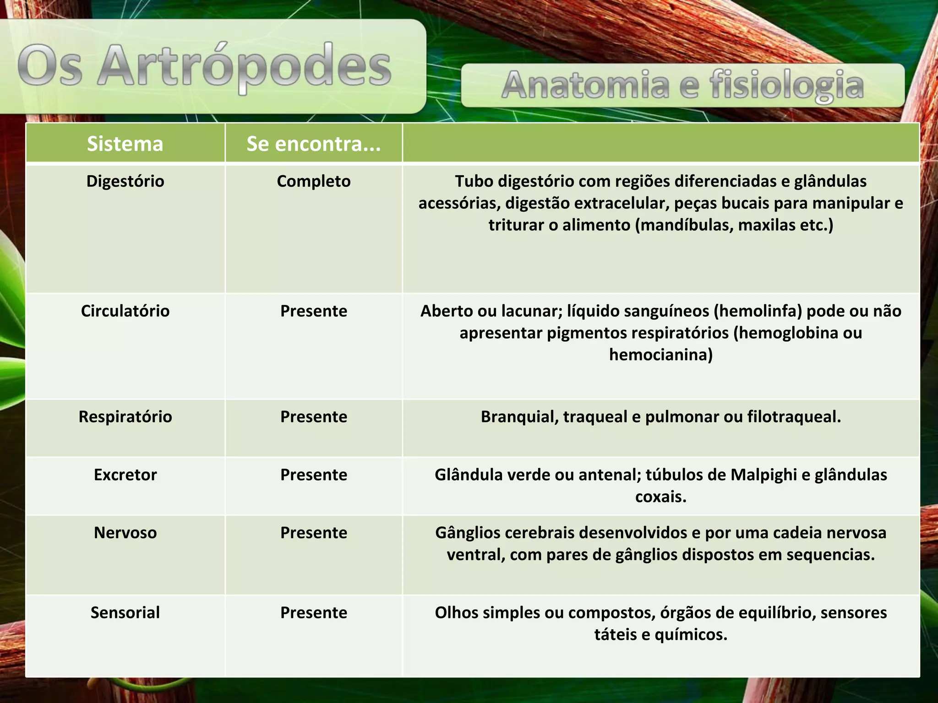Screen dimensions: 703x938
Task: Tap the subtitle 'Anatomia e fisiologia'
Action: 682,86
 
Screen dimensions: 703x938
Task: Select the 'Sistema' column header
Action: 125,144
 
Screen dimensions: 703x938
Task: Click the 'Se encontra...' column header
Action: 314,144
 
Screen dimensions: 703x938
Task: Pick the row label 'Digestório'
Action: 125,181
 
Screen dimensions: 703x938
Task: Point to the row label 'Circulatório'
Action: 125,311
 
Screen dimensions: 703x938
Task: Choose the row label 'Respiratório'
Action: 125,417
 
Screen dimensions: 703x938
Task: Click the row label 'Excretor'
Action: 125,475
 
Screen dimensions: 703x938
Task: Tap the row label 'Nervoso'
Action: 125,533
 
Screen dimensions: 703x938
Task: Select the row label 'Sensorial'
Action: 125,613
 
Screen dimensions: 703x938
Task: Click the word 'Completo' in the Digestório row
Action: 314,181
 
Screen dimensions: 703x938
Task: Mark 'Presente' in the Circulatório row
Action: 314,311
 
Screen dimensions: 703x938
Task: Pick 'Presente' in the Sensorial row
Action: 314,613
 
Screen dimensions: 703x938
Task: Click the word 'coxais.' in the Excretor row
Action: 661,497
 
